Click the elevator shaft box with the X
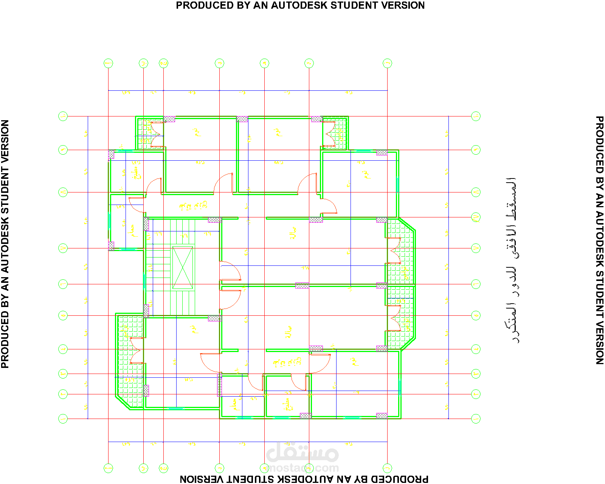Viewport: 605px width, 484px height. (183, 268)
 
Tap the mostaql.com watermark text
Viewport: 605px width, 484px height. (302, 468)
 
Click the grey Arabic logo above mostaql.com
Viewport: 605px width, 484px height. (302, 452)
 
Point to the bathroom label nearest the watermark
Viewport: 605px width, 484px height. (235, 404)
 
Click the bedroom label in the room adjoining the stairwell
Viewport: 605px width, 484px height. (194, 329)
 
